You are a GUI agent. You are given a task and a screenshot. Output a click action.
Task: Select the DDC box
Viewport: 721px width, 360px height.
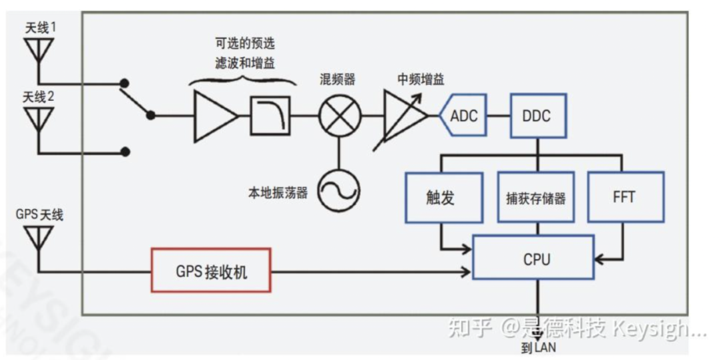pyautogui.click(x=536, y=116)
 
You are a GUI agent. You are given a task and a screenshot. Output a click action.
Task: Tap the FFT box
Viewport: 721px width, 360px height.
pyautogui.click(x=625, y=197)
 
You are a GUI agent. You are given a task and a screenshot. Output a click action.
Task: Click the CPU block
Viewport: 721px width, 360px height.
pyautogui.click(x=533, y=257)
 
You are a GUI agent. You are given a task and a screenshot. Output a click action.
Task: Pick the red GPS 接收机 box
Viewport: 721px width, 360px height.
pyautogui.click(x=211, y=271)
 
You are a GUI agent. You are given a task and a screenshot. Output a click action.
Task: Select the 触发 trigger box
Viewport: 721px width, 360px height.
pyautogui.click(x=444, y=197)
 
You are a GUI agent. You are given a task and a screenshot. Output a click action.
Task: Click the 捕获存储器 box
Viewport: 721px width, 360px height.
pyautogui.click(x=535, y=198)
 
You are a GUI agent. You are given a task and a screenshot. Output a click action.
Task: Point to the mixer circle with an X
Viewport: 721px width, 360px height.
pyautogui.click(x=339, y=116)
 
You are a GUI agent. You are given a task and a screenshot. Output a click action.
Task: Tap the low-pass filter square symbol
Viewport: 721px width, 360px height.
pyautogui.click(x=270, y=116)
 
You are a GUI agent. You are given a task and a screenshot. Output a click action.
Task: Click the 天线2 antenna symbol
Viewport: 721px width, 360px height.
pyautogui.click(x=38, y=118)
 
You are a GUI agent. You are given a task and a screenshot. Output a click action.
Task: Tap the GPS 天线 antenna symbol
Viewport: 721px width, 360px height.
pyautogui.click(x=38, y=236)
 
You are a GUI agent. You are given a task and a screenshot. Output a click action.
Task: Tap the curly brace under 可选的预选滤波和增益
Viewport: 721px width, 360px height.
pyautogui.click(x=243, y=81)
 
